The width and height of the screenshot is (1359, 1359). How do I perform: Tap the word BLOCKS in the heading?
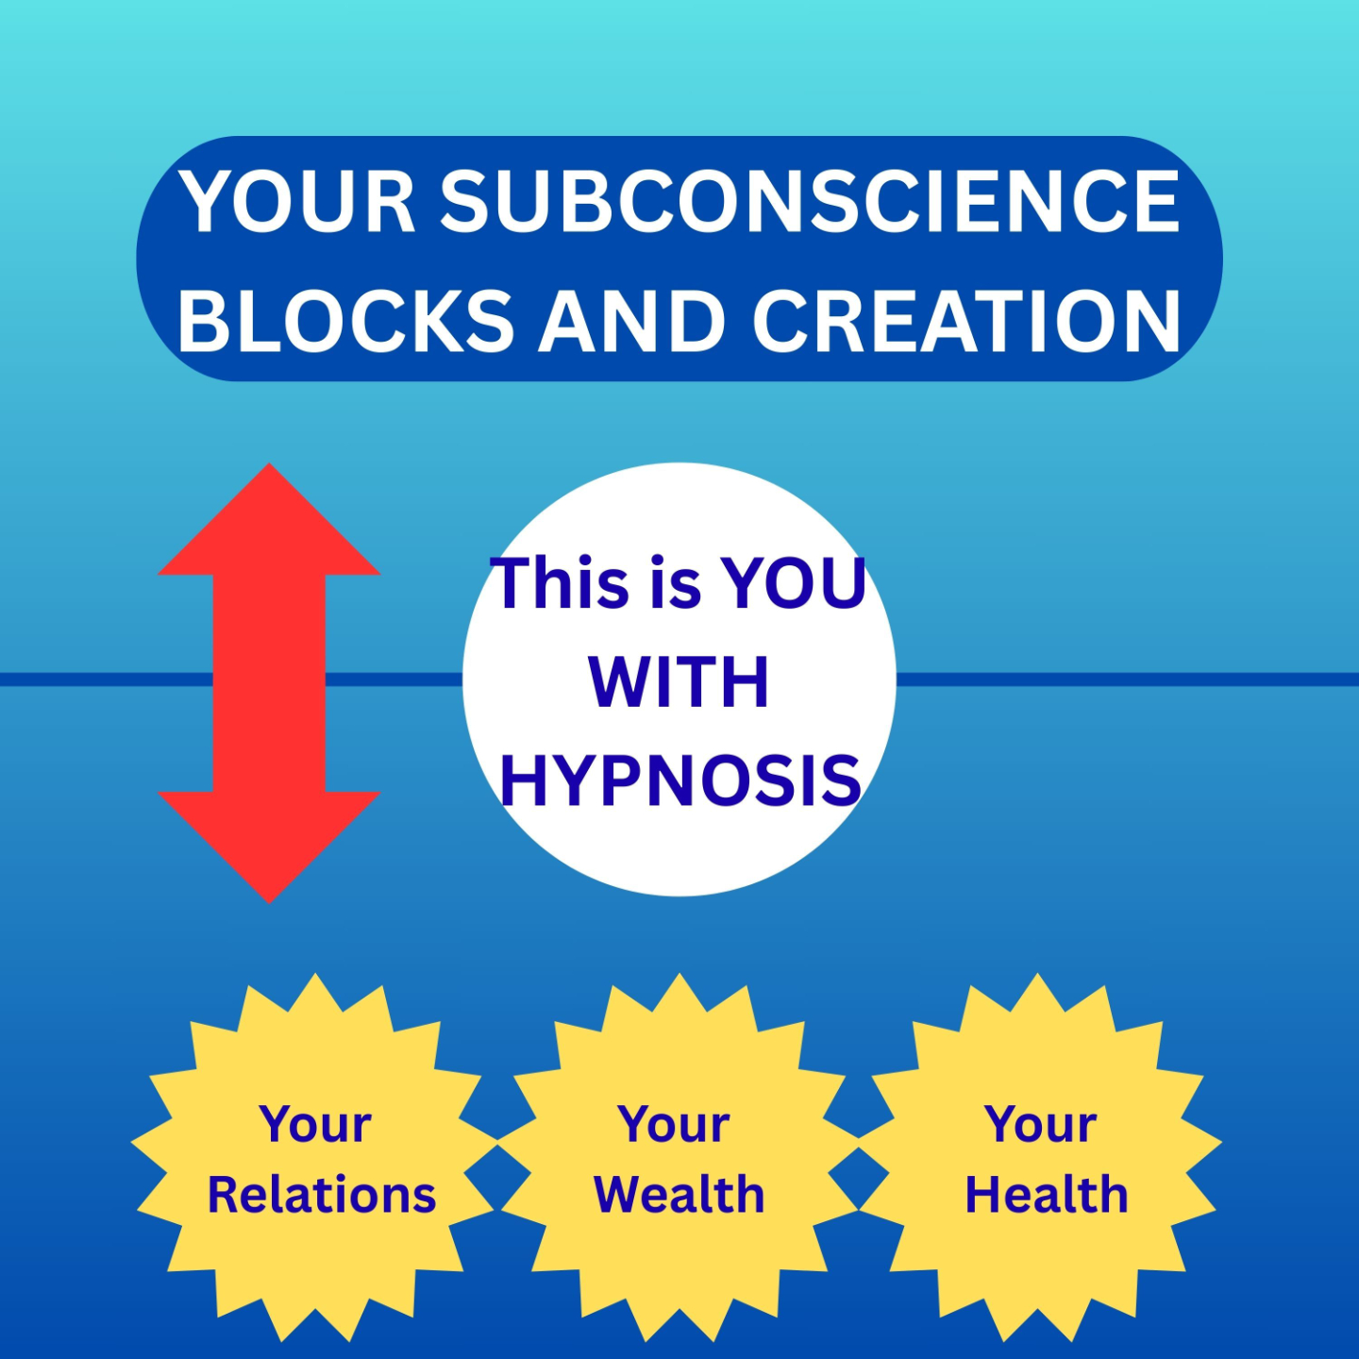pyautogui.click(x=345, y=321)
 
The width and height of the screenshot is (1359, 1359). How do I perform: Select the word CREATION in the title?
pyautogui.click(x=966, y=321)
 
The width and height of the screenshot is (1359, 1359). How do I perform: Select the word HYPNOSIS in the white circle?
pyautogui.click(x=679, y=780)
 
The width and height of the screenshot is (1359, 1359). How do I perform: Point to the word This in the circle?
pyautogui.click(x=561, y=582)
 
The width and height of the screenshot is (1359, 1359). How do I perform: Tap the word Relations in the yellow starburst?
pyautogui.click(x=321, y=1195)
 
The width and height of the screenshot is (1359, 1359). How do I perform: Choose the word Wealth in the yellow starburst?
pyautogui.click(x=679, y=1195)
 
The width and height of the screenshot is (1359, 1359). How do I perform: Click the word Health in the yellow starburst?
pyautogui.click(x=1046, y=1195)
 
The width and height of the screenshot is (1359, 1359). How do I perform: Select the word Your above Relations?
pyautogui.click(x=315, y=1124)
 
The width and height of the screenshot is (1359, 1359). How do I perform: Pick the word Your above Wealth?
pyautogui.click(x=674, y=1124)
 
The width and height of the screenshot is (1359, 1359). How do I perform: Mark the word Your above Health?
pyautogui.click(x=1040, y=1124)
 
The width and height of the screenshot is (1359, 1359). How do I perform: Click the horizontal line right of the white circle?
pyautogui.click(x=1123, y=679)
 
